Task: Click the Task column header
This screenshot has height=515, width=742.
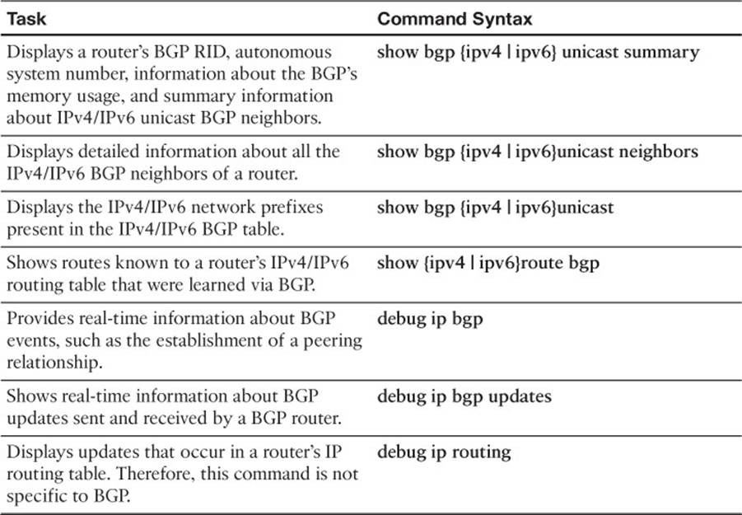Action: pyautogui.click(x=26, y=19)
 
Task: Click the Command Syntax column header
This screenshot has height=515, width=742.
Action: pyautogui.click(x=455, y=19)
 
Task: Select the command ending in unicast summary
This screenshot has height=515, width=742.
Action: pyautogui.click(x=538, y=53)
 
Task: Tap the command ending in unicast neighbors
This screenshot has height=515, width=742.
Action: pyautogui.click(x=538, y=152)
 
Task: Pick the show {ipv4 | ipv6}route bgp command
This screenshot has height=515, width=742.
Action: pyautogui.click(x=488, y=263)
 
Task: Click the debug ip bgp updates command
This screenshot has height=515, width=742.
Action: pyautogui.click(x=464, y=396)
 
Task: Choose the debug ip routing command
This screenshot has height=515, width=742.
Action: pyautogui.click(x=444, y=452)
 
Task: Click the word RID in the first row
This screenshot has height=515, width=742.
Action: pyautogui.click(x=211, y=52)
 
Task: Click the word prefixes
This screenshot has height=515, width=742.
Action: pyautogui.click(x=292, y=208)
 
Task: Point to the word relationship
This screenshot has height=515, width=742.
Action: pyautogui.click(x=54, y=363)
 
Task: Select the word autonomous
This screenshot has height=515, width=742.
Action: pyautogui.click(x=283, y=52)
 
